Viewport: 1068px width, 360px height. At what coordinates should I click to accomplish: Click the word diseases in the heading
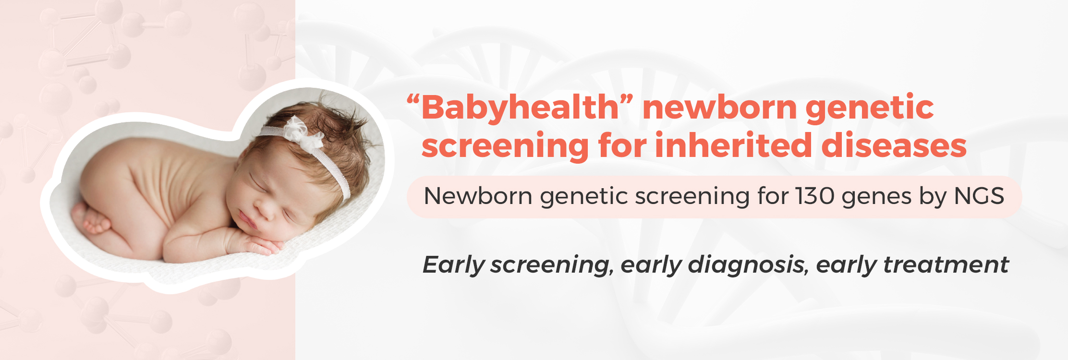(x=894, y=145)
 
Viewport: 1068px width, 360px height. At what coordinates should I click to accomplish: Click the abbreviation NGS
(x=979, y=196)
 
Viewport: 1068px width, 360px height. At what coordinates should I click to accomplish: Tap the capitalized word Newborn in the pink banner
(x=478, y=196)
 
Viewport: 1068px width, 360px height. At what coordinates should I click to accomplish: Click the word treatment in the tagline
(x=946, y=265)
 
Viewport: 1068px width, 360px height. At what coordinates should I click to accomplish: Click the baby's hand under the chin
(x=259, y=245)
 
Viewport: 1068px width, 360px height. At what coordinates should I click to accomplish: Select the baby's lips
(x=246, y=221)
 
